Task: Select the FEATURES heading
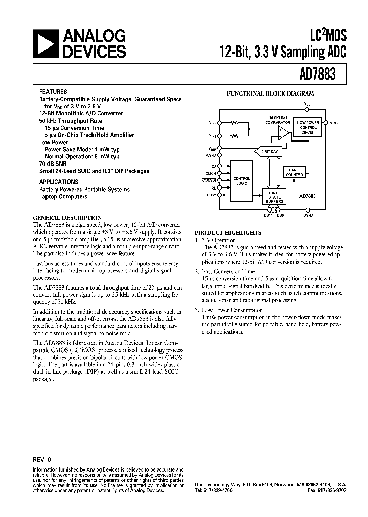tap(53, 91)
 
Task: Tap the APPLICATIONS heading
tap(59, 181)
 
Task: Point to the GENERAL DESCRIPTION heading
tap(67, 217)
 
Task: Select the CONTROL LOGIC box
tap(241, 181)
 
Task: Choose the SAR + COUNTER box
tap(294, 172)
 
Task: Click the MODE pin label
tap(334, 123)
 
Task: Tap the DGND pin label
tap(308, 215)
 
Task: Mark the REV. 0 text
tap(42, 458)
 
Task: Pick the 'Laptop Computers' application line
tap(63, 197)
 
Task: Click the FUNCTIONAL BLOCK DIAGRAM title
tap(270, 93)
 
